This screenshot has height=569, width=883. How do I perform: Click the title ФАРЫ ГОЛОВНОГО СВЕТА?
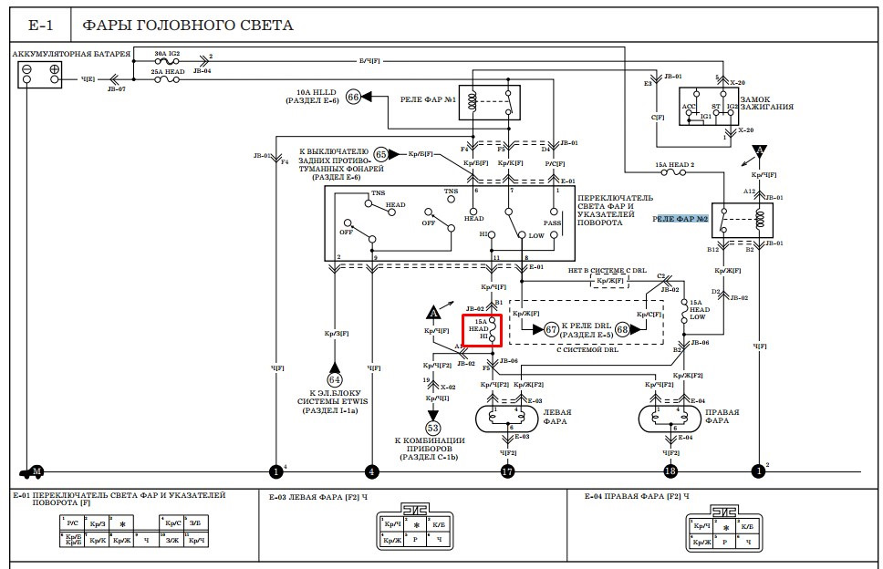pos(187,25)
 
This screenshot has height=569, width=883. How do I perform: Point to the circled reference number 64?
pos(334,378)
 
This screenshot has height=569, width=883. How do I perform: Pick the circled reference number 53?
pos(432,427)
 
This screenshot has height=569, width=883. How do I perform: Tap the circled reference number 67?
pos(551,329)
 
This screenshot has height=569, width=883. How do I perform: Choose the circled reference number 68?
pos(623,329)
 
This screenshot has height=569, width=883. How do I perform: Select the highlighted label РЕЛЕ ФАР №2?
pos(680,219)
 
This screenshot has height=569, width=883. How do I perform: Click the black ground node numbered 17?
pos(508,471)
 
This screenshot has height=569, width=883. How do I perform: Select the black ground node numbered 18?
pos(671,471)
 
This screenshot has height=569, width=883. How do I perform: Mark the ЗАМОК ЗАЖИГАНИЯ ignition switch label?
pos(766,103)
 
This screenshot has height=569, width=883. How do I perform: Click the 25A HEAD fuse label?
pos(169,70)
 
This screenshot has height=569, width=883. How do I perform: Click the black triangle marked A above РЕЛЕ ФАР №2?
pos(759,151)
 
